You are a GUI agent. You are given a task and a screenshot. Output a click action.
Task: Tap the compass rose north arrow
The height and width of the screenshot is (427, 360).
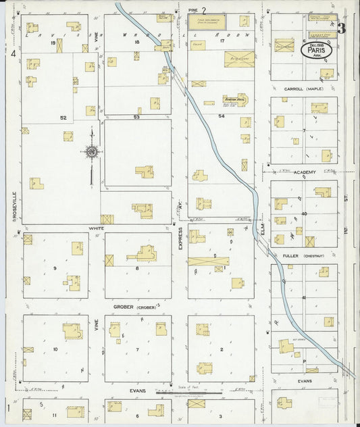point(92,153)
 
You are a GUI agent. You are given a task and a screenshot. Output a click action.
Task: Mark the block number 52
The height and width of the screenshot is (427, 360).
point(63,118)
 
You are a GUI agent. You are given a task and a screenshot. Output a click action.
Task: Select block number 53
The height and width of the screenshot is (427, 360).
point(136,117)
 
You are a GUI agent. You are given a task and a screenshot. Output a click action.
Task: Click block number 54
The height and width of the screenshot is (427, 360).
point(221,116)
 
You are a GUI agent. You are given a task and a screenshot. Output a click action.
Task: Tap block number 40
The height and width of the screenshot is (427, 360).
point(304,214)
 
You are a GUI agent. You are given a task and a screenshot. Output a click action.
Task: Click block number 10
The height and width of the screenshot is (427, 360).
point(55,349)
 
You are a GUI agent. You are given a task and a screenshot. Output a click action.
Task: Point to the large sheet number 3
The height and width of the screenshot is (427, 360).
point(342,28)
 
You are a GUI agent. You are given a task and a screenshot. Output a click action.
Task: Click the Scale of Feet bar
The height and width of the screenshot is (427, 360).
point(199,391)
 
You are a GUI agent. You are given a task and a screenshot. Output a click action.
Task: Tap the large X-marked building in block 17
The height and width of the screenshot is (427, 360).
point(238,57)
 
